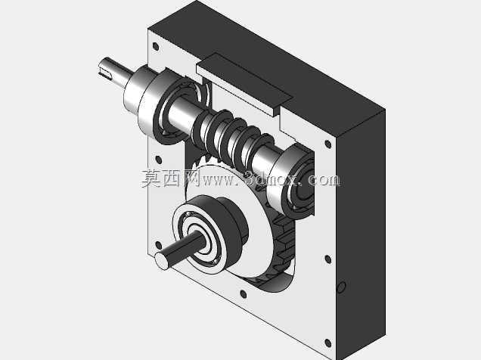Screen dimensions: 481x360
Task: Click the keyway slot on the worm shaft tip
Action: tap(105, 73)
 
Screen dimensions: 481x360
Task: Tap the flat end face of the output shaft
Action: tap(162, 261)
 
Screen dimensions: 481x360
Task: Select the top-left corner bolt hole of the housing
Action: tap(156, 46)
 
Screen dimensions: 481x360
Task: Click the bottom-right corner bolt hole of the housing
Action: tap(327, 343)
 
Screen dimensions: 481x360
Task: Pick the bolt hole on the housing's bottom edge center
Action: tap(244, 294)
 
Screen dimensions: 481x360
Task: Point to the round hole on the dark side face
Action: tap(341, 287)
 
